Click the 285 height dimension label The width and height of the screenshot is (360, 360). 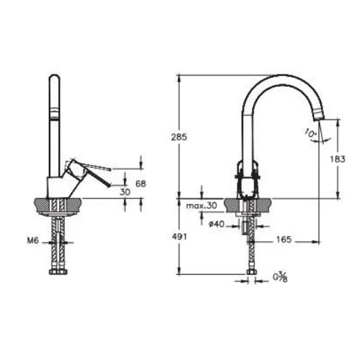[179, 137]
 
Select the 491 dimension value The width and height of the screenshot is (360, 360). [179, 237]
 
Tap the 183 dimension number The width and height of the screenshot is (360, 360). [337, 159]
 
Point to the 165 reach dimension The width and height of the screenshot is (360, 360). [283, 240]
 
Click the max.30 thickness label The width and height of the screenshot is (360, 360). [201, 206]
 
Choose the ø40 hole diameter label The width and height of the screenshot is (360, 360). [217, 224]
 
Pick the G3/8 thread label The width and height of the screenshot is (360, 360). [281, 277]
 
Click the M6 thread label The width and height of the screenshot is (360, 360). [33, 241]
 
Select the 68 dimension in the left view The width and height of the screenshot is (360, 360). [141, 184]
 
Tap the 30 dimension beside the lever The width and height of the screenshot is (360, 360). [125, 192]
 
